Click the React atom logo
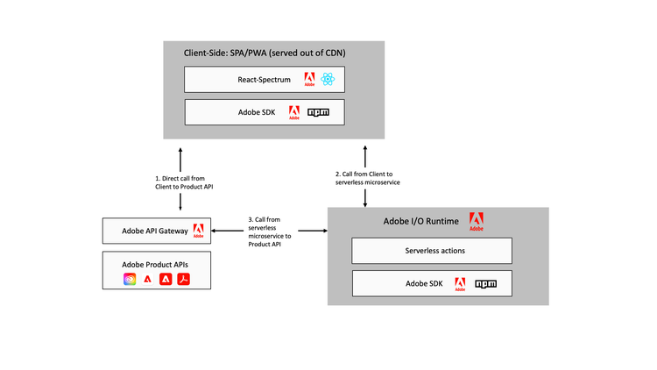[x=328, y=80]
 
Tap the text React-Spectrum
[x=265, y=80]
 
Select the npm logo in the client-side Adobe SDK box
[x=319, y=112]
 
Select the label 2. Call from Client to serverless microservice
[x=365, y=179]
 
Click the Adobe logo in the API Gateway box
[x=198, y=231]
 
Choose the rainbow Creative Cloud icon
[x=130, y=280]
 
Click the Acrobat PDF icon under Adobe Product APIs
[x=184, y=280]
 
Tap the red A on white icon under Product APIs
[x=147, y=280]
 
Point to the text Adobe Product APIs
[x=154, y=263]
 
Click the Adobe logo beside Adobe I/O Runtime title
[x=476, y=221]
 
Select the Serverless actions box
[x=434, y=251]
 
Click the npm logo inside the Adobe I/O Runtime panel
[x=487, y=284]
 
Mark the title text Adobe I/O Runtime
[x=420, y=222]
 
